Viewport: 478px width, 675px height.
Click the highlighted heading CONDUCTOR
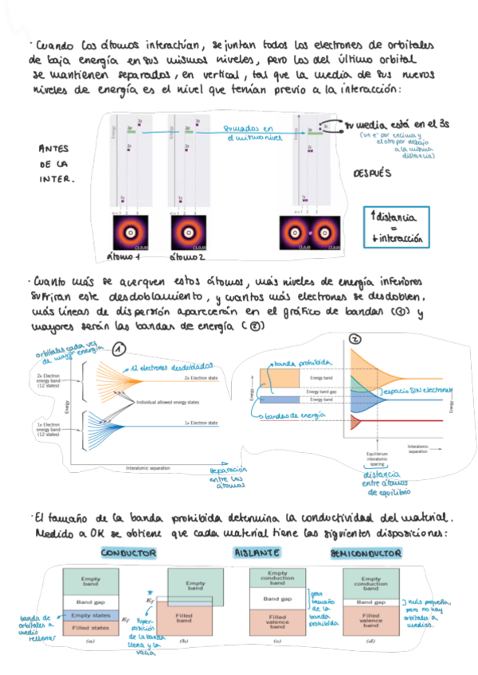pos(128,552)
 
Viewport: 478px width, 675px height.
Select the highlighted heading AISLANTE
pos(257,552)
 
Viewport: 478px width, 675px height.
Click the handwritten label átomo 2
pos(187,258)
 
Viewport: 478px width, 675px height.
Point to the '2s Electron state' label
pos(202,378)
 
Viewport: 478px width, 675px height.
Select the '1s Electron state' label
pos(202,423)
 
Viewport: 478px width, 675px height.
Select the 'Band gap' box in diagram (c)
pos(278,596)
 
